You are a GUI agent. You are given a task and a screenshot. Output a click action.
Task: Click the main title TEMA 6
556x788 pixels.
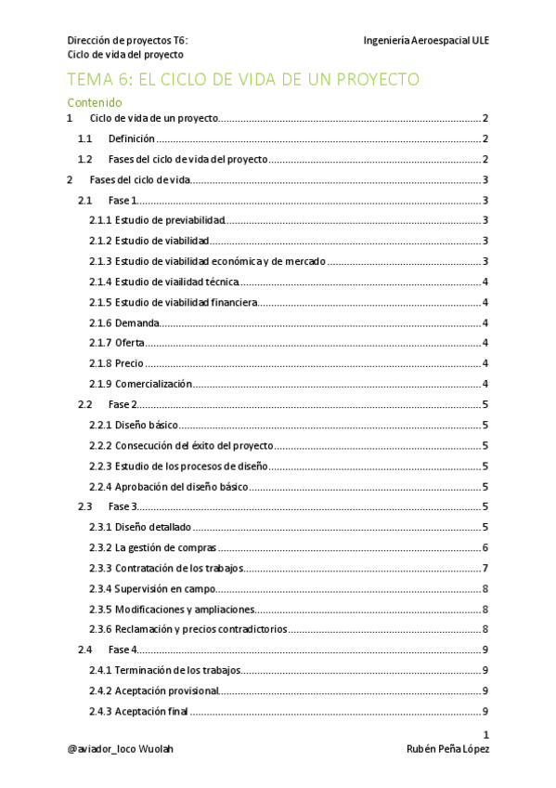click(x=243, y=80)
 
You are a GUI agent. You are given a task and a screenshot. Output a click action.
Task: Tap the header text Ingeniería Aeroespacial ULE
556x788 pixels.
click(x=426, y=41)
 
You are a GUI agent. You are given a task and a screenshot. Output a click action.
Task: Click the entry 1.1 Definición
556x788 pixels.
click(x=131, y=139)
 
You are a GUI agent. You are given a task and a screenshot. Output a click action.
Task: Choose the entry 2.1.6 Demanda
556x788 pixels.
click(x=125, y=322)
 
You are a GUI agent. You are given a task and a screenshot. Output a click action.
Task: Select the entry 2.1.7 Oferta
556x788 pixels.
click(x=117, y=343)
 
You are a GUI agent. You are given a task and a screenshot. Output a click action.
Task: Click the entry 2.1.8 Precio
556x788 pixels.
click(x=117, y=363)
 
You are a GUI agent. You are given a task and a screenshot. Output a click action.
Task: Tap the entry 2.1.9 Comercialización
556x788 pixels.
click(x=140, y=384)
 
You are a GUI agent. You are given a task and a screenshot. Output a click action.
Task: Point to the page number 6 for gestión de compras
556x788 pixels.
click(x=485, y=547)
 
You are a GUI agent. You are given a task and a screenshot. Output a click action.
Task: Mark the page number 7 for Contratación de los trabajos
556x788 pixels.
click(x=485, y=568)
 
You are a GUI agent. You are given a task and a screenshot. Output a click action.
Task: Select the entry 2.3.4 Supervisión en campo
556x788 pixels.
click(x=152, y=588)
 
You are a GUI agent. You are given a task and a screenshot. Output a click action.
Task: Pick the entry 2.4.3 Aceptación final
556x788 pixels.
click(x=138, y=712)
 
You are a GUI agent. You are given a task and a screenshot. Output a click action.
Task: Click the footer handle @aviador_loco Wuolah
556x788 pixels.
click(x=121, y=749)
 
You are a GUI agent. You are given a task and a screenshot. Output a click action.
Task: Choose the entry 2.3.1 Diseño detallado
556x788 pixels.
click(x=141, y=527)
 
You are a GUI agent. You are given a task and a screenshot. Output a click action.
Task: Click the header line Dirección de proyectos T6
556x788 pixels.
click(x=127, y=41)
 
